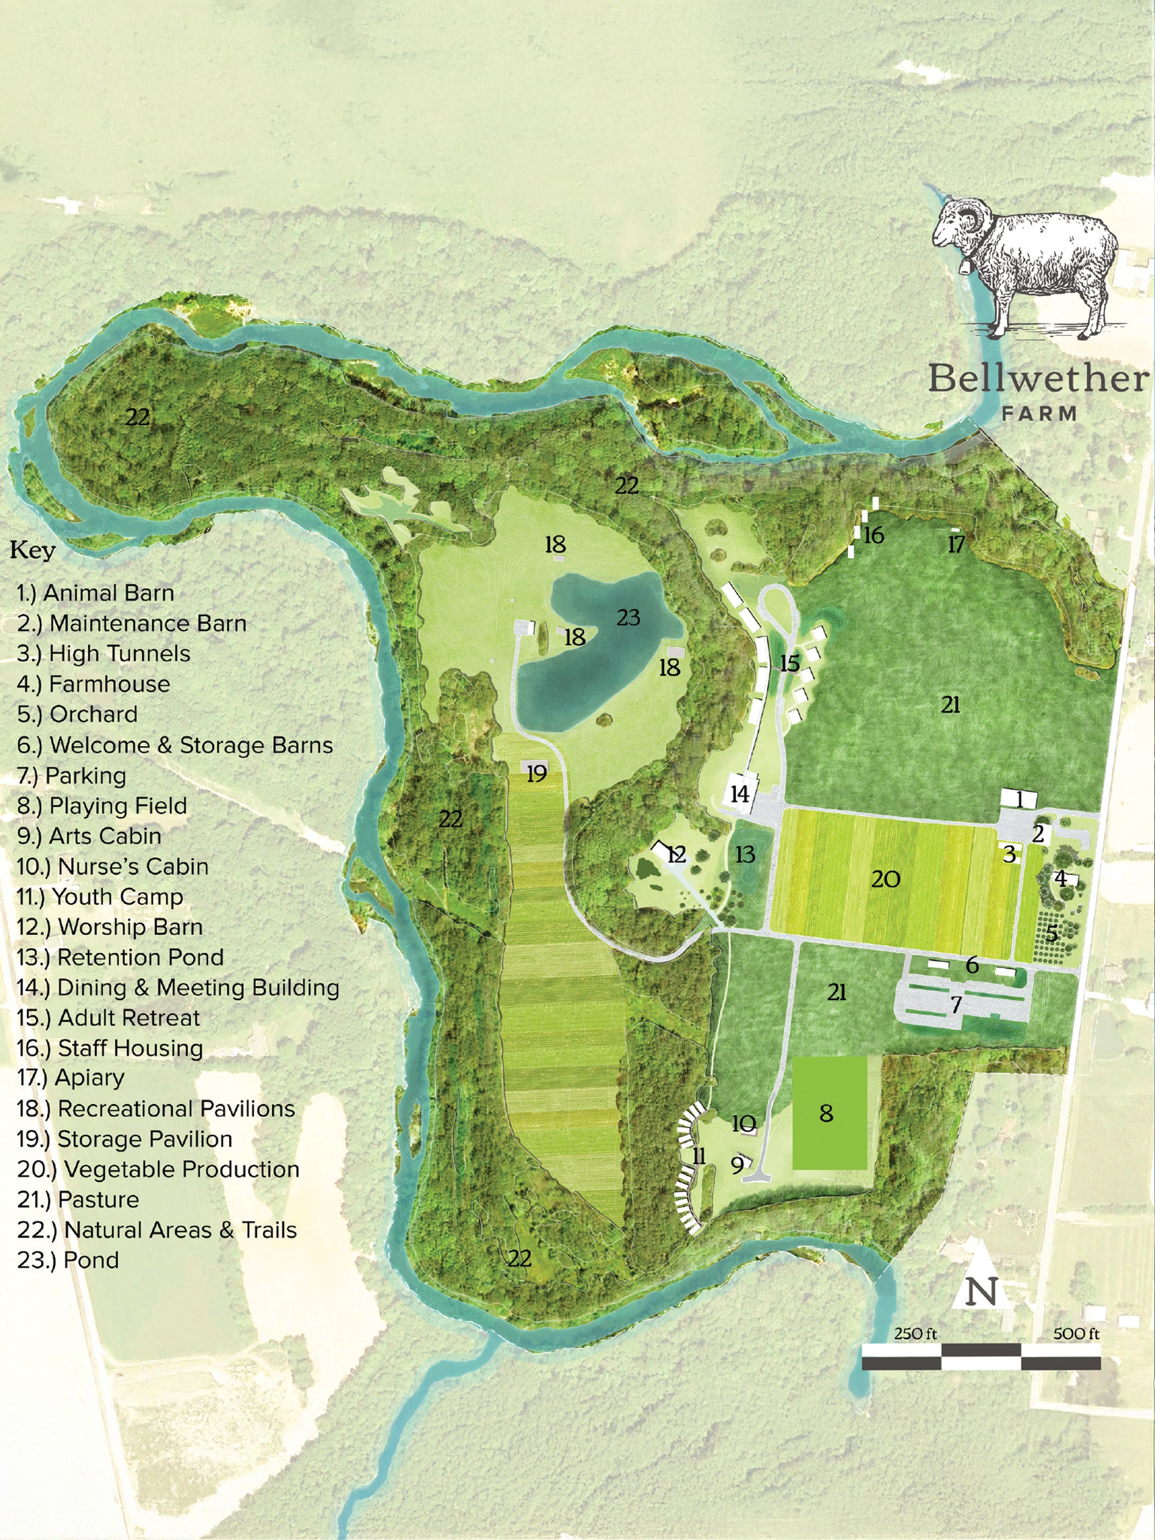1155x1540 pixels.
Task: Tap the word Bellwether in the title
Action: tap(1038, 380)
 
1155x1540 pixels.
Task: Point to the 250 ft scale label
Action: tap(915, 1333)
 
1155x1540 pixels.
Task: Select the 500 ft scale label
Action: tap(1076, 1333)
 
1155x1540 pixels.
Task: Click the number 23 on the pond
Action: tap(628, 618)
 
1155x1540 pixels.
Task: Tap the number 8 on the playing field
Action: tap(826, 1113)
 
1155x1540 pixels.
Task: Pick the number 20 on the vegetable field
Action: tap(885, 879)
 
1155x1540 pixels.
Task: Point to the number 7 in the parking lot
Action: tap(956, 1005)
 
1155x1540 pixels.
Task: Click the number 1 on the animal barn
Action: tap(1020, 800)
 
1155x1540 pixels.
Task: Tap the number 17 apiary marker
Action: tap(957, 544)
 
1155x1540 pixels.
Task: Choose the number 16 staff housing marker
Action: tap(873, 535)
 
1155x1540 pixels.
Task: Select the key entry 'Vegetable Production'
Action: tap(159, 1169)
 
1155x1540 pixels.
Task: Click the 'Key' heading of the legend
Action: tap(32, 551)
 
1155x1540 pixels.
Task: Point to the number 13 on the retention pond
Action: tap(745, 854)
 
